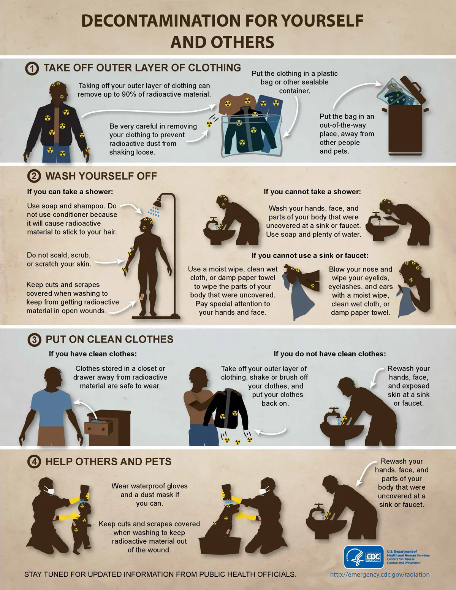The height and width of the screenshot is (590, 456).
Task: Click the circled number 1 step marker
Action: [32, 68]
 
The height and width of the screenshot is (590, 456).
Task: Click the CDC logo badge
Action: [364, 557]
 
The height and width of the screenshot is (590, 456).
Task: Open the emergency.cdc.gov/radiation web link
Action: [380, 574]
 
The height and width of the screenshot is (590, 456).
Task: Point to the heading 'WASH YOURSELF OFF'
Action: [101, 176]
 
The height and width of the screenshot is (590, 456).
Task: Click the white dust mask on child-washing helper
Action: [49, 490]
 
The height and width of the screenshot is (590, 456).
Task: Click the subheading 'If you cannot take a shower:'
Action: [312, 192]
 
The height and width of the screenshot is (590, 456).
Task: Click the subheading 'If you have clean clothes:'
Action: [93, 354]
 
